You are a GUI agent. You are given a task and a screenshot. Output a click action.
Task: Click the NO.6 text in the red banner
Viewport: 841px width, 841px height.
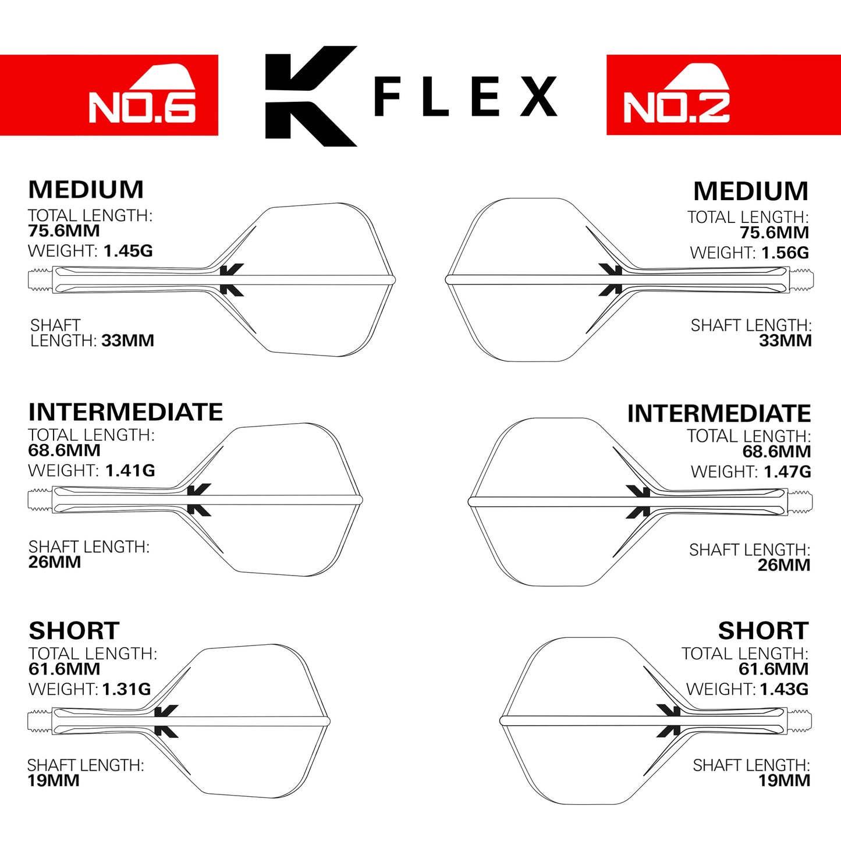click(x=142, y=108)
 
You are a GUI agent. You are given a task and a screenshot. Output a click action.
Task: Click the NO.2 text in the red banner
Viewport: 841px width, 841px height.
click(x=676, y=108)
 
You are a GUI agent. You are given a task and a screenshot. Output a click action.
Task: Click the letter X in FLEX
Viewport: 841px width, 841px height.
click(x=538, y=97)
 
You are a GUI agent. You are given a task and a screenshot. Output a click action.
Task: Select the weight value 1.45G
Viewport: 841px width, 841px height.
click(x=128, y=251)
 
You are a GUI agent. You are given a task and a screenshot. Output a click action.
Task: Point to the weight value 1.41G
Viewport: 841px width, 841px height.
click(x=130, y=470)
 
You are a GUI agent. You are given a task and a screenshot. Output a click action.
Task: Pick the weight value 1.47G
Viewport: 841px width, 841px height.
click(x=787, y=471)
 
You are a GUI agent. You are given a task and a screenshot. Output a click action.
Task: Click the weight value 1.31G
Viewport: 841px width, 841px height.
click(x=126, y=689)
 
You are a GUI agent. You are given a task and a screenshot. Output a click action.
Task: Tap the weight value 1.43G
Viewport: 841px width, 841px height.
click(x=784, y=689)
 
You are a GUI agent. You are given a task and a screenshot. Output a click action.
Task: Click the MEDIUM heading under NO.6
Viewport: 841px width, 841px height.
click(x=86, y=190)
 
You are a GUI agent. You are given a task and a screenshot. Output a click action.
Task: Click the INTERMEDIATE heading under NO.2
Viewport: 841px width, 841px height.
click(x=719, y=414)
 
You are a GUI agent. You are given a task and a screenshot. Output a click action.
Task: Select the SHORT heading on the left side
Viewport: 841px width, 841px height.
click(x=74, y=631)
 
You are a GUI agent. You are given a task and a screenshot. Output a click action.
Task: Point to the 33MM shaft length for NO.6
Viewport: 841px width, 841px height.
click(x=127, y=340)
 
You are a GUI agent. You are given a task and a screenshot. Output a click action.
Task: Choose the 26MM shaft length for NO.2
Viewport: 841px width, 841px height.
click(x=783, y=565)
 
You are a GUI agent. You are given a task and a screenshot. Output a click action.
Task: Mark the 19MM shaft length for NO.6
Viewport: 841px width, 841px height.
click(x=54, y=780)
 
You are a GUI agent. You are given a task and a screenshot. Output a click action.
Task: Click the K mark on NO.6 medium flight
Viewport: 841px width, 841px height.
click(x=231, y=279)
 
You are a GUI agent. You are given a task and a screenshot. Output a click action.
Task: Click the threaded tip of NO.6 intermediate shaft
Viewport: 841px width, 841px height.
click(x=40, y=500)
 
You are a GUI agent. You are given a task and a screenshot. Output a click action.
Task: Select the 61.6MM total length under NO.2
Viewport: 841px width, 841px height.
click(x=773, y=669)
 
